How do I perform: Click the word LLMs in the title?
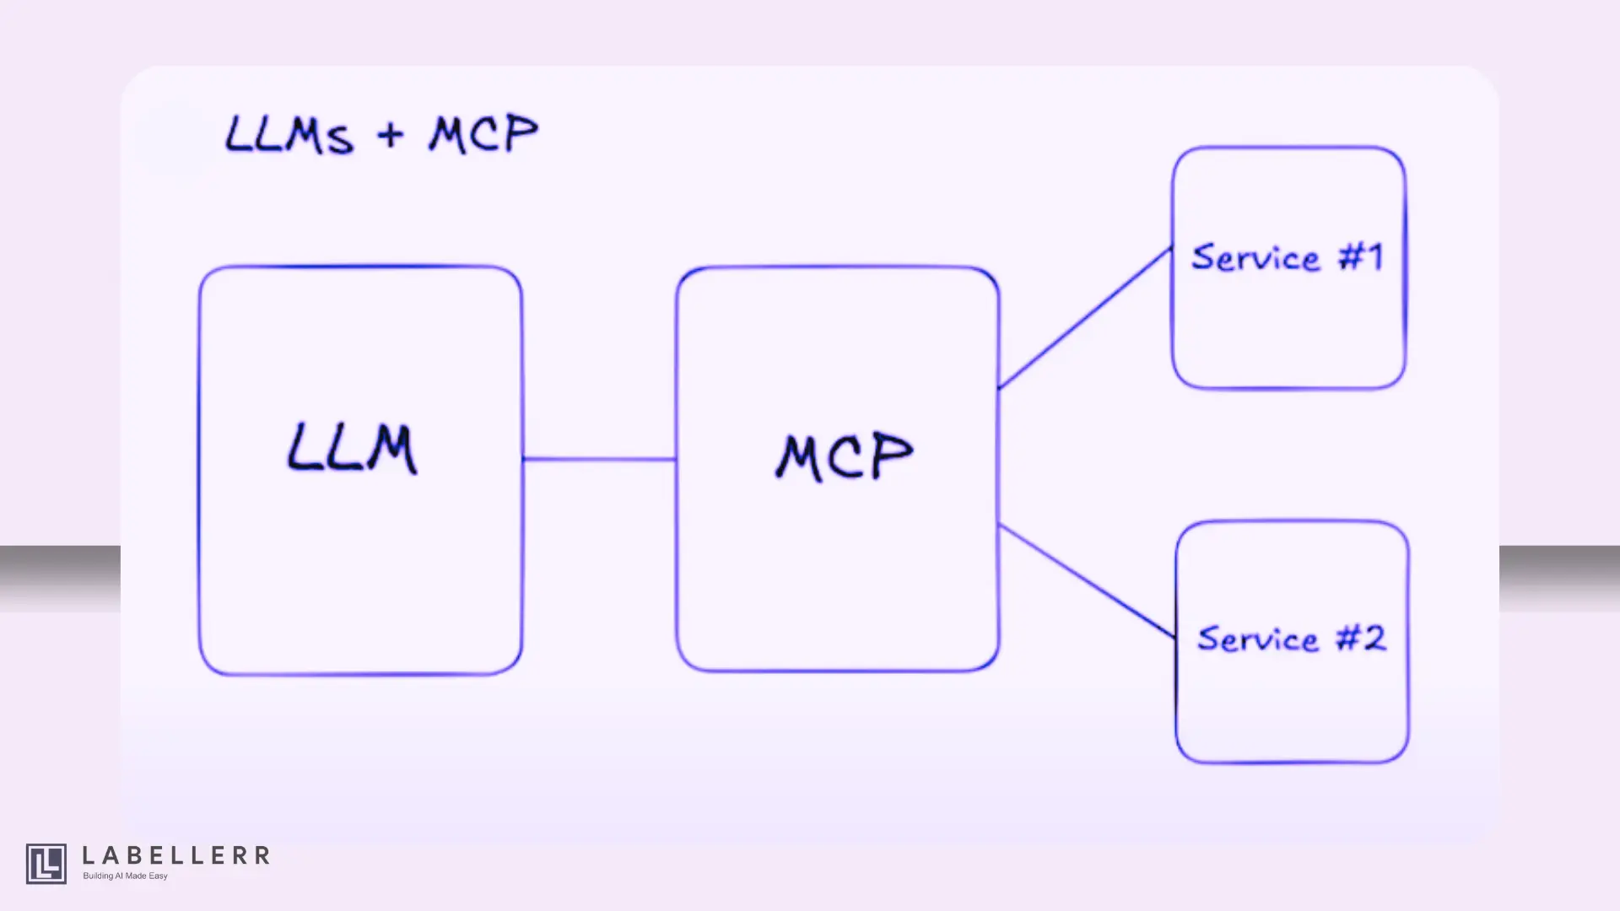coord(289,136)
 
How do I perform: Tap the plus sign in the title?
coord(391,135)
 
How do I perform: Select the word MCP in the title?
coord(483,134)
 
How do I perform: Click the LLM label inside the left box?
coord(352,449)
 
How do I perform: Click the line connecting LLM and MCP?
coord(599,460)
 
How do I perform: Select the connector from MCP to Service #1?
coord(1085,318)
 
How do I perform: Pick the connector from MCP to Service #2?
coord(1087,580)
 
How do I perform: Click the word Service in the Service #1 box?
coord(1255,258)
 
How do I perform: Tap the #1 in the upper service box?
coord(1361,256)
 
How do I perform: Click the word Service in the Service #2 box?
coord(1258,639)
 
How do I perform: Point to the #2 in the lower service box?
coord(1361,638)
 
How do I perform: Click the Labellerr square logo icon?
coord(46,864)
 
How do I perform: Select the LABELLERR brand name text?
coord(176,856)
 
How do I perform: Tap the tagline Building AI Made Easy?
coord(125,876)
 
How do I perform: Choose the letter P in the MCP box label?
coord(890,455)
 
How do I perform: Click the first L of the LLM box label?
coord(301,449)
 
